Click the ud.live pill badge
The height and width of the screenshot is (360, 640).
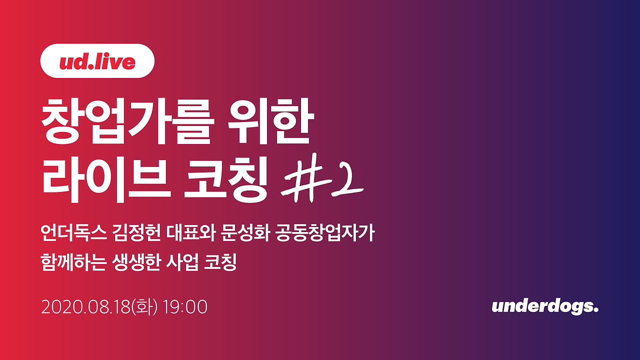coord(97,61)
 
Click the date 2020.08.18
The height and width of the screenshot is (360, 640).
coord(85,307)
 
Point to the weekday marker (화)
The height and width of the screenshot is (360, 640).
coord(143,307)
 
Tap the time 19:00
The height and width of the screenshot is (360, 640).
coord(184,307)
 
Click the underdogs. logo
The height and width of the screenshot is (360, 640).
coord(545,307)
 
